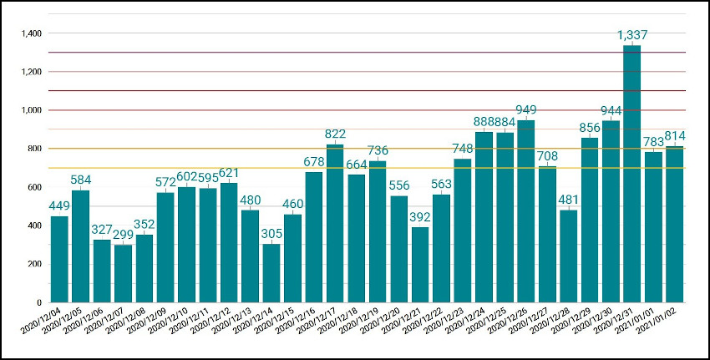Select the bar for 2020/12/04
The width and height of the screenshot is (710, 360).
click(x=59, y=259)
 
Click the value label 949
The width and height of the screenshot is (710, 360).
click(x=526, y=111)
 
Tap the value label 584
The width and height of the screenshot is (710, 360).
click(x=81, y=180)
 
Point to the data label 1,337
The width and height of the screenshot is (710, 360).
click(x=632, y=35)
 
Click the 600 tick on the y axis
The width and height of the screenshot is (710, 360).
click(x=34, y=187)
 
